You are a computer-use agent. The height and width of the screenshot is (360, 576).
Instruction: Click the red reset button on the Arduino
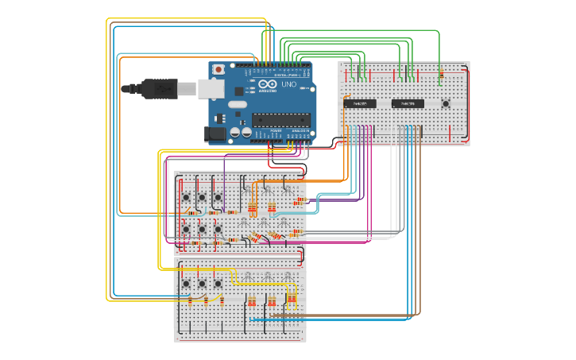tap(218, 70)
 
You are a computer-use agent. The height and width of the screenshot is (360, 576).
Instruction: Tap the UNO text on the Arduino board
tap(289, 84)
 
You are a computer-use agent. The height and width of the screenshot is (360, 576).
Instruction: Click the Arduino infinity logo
tap(267, 85)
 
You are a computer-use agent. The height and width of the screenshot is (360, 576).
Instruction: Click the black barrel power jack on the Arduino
tap(215, 135)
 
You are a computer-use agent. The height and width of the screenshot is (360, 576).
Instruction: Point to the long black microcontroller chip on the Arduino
tap(280, 120)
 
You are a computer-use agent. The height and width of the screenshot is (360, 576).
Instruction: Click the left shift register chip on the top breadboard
tap(360, 103)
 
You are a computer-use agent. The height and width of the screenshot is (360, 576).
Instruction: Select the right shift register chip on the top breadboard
tap(408, 103)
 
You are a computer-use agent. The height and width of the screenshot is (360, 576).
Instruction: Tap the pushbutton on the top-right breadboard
tap(446, 103)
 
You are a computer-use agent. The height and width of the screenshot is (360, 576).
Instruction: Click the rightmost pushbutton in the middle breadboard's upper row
tap(218, 197)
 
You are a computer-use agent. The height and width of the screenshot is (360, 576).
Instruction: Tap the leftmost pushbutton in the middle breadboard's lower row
tap(186, 230)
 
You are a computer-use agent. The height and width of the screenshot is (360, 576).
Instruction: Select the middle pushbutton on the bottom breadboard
tap(202, 283)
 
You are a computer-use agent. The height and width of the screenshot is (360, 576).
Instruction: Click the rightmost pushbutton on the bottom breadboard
tap(218, 283)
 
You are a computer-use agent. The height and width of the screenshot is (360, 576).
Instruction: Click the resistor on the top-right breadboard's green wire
tap(441, 76)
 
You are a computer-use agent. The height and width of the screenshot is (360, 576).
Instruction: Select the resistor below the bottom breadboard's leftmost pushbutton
tap(190, 300)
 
